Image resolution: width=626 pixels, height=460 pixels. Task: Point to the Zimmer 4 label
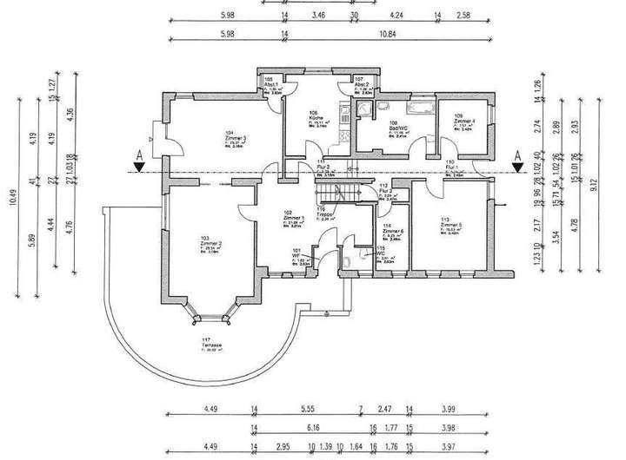pyautogui.click(x=464, y=119)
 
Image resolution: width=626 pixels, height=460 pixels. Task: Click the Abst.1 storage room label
pyautogui.click(x=270, y=82)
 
